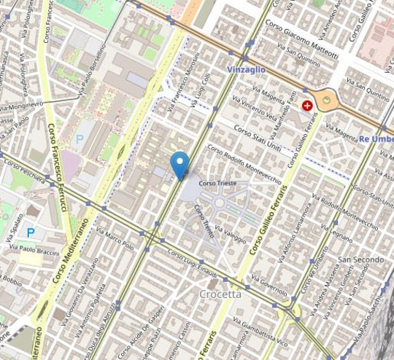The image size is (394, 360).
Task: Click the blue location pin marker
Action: click(x=179, y=164)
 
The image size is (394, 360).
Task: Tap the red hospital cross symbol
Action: click(x=308, y=106)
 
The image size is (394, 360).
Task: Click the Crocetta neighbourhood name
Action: click(x=219, y=294)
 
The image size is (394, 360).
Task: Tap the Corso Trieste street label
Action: click(x=217, y=183)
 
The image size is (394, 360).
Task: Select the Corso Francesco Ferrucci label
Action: click(x=58, y=168)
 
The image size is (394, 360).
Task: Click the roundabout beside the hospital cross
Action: click(x=328, y=100)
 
